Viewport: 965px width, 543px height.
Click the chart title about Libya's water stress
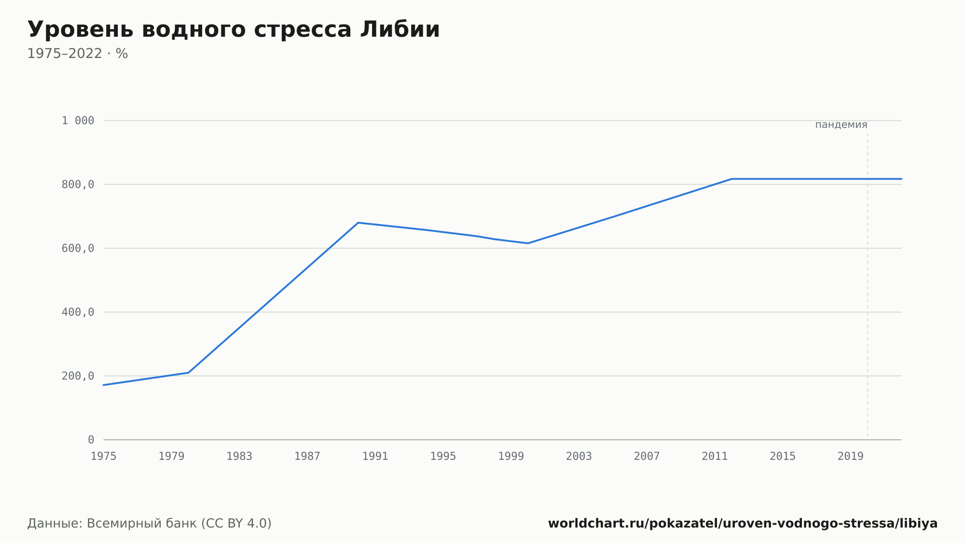point(234,30)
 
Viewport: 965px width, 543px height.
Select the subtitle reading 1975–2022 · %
point(78,54)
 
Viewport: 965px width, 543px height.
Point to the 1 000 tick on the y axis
point(78,121)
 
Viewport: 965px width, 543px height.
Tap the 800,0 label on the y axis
point(78,185)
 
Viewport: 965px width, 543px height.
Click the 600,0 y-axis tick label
point(78,248)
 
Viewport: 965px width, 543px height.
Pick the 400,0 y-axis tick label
point(78,312)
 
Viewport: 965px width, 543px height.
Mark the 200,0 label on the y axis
point(78,376)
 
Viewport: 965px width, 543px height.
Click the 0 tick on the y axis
point(91,440)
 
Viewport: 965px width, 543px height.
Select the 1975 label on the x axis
point(104,457)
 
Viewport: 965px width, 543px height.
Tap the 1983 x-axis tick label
point(239,457)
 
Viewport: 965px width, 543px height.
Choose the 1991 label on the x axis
point(375,457)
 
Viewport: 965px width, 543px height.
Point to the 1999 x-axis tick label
point(511,457)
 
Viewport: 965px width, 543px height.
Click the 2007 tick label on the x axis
point(647,457)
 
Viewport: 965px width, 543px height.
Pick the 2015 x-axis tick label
point(783,457)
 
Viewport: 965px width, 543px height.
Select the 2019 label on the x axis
point(851,457)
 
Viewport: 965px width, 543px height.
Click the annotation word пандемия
point(841,125)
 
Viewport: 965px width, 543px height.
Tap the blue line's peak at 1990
point(358,223)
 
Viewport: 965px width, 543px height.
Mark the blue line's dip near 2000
point(528,243)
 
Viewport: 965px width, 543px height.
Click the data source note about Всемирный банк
point(150,524)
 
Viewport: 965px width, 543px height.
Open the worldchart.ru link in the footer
point(743,524)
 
